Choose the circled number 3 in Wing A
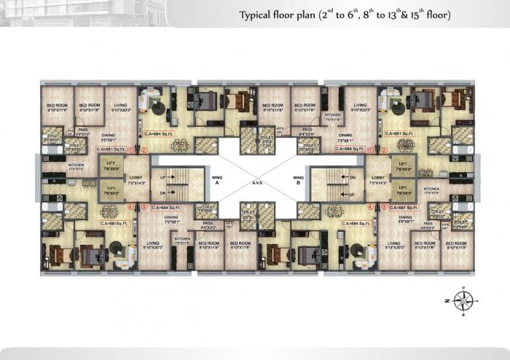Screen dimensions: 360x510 [x=144, y=207]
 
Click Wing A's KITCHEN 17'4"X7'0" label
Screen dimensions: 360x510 [x=76, y=167]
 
